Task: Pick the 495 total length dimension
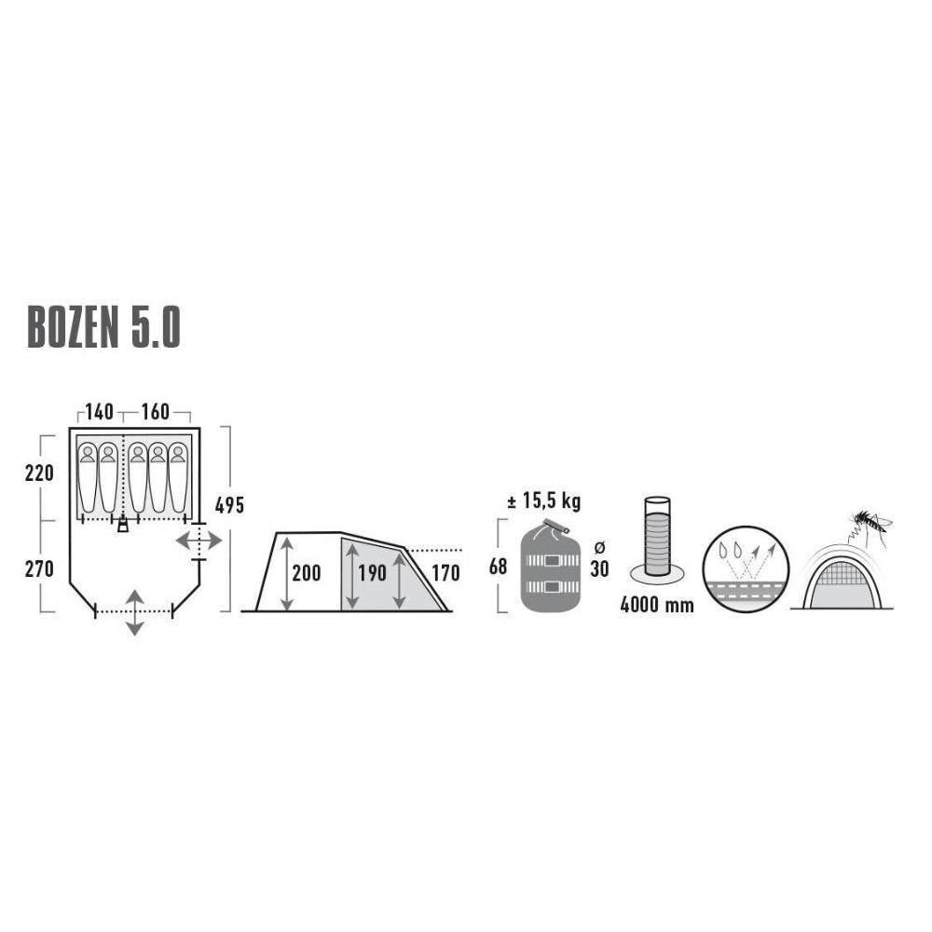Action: [229, 505]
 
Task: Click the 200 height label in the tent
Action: [306, 571]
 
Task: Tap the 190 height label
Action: [372, 571]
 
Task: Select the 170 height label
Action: [445, 571]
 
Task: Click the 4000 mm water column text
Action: [657, 605]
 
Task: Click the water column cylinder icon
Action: [658, 538]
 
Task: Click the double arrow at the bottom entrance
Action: [135, 612]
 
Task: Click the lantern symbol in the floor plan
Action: [123, 525]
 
